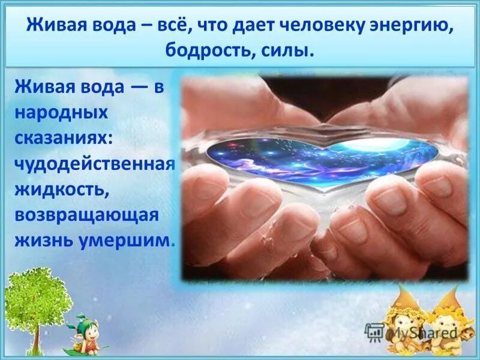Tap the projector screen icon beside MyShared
pyautogui.click(x=374, y=332)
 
